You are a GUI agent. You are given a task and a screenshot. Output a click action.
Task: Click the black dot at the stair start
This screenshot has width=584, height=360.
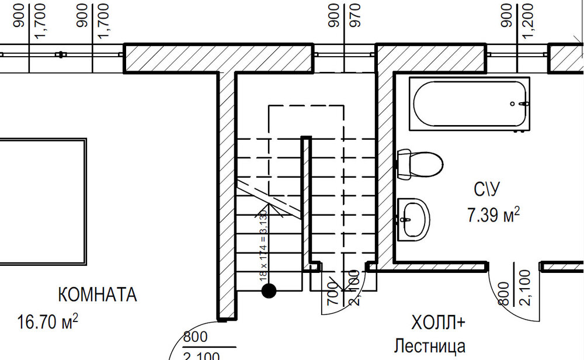tap(269, 290)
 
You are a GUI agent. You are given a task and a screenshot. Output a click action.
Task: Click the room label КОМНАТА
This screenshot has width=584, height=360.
tap(98, 295)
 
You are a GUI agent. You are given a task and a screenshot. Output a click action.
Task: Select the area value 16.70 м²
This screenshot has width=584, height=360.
tap(48, 321)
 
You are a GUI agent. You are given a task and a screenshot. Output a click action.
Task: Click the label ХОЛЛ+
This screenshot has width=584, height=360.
tap(438, 323)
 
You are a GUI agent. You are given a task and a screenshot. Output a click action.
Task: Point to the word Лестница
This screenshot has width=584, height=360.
tap(430, 346)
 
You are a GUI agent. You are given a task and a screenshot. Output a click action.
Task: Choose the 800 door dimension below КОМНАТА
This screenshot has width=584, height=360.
tap(195, 337)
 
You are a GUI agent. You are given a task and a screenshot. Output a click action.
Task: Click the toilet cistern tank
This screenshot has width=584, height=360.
tap(403, 164)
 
